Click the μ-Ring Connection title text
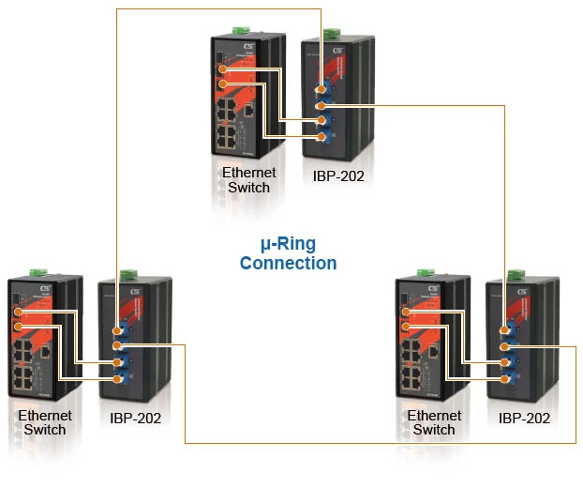pyautogui.click(x=288, y=253)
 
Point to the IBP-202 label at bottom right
pyautogui.click(x=524, y=419)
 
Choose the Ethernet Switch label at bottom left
pyautogui.click(x=44, y=422)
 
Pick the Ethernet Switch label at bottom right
pyautogui.click(x=436, y=422)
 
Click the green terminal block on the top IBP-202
pyautogui.click(x=330, y=35)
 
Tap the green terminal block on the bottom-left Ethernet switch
pyautogui.click(x=37, y=273)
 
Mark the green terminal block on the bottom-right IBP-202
pyautogui.click(x=514, y=275)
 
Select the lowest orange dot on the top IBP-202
pyautogui.click(x=321, y=137)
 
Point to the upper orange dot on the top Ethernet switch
pyautogui.click(x=222, y=69)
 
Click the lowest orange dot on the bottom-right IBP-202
pyautogui.click(x=506, y=378)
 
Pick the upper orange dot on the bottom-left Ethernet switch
pyautogui.click(x=18, y=312)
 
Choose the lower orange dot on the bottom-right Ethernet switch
pyautogui.click(x=407, y=326)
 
